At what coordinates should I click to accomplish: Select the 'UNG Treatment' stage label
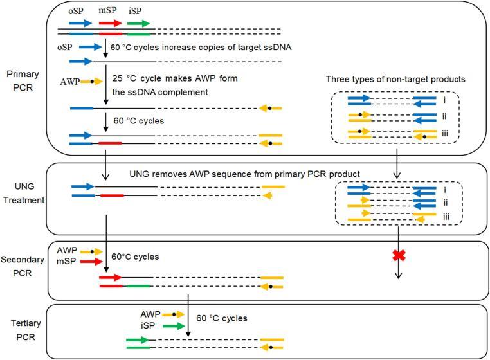coord(23,193)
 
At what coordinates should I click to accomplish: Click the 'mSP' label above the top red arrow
coord(108,11)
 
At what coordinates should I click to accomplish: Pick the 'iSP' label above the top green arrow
coord(137,11)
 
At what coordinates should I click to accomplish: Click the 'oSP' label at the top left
coord(76,11)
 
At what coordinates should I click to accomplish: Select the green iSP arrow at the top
coord(138,22)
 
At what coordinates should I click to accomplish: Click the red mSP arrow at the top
coord(110,22)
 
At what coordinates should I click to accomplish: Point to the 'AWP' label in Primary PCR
coord(68,82)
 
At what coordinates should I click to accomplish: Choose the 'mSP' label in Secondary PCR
coord(66,262)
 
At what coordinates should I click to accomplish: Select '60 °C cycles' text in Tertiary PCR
coord(222,318)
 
